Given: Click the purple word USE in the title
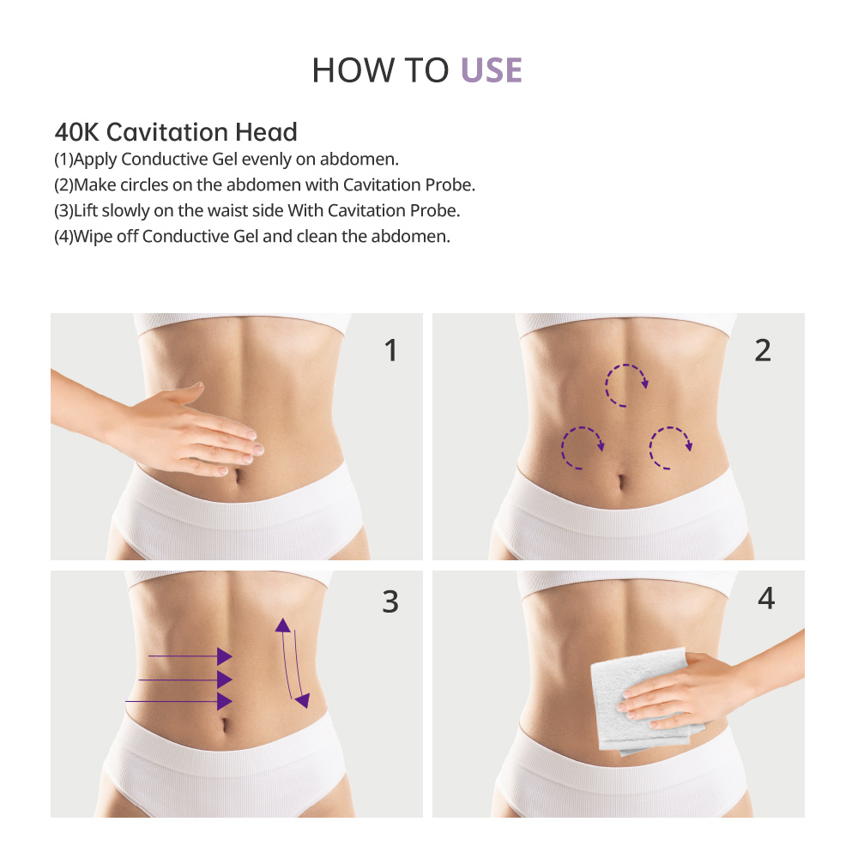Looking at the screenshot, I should click(492, 70).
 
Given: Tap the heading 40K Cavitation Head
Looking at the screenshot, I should click(176, 132).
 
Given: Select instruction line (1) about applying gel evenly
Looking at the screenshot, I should click(227, 160).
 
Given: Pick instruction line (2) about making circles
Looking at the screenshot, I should click(264, 185).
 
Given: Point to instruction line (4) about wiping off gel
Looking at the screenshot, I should click(251, 236).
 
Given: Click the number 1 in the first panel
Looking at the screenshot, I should click(391, 350).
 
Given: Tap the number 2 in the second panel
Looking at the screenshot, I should click(763, 350).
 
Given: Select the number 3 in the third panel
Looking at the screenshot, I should click(390, 602).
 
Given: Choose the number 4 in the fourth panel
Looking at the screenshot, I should click(765, 599).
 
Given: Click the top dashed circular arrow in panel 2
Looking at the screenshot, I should click(627, 384).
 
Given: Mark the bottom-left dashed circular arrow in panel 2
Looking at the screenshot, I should click(582, 448).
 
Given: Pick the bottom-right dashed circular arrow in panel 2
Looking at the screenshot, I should click(670, 448).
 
